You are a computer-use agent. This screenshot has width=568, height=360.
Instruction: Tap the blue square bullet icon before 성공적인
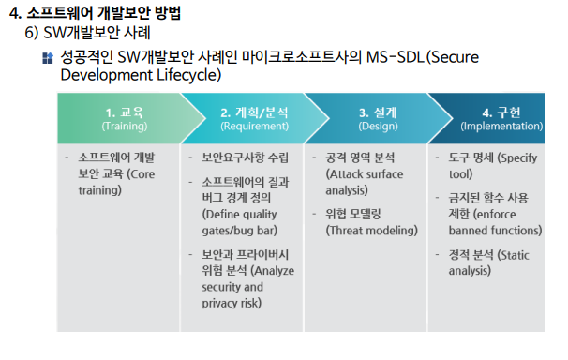click(x=48, y=58)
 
